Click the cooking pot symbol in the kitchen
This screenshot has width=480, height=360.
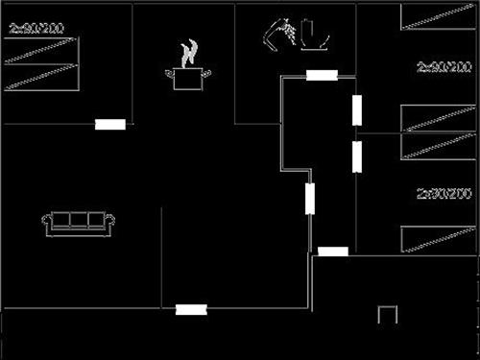[x=191, y=78]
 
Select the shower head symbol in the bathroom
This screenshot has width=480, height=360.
[x=277, y=33]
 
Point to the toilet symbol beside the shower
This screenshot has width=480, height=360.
[x=314, y=35]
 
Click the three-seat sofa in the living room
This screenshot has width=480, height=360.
[x=79, y=222]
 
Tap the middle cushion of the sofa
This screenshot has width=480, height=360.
[x=79, y=220]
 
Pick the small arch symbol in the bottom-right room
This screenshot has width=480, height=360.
[x=388, y=314]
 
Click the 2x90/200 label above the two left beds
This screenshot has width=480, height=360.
[x=36, y=29]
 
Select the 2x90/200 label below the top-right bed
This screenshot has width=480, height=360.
[x=444, y=68]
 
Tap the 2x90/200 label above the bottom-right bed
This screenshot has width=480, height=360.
[x=444, y=194]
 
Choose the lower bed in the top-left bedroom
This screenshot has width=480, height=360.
[x=41, y=78]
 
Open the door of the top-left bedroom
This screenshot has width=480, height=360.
[x=110, y=124]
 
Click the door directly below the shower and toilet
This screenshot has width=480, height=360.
[x=321, y=75]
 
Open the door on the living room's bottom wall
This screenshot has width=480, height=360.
[x=191, y=309]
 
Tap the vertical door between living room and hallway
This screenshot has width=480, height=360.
[x=310, y=199]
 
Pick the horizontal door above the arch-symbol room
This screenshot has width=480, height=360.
[x=333, y=252]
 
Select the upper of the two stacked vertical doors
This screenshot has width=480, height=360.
[x=356, y=110]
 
